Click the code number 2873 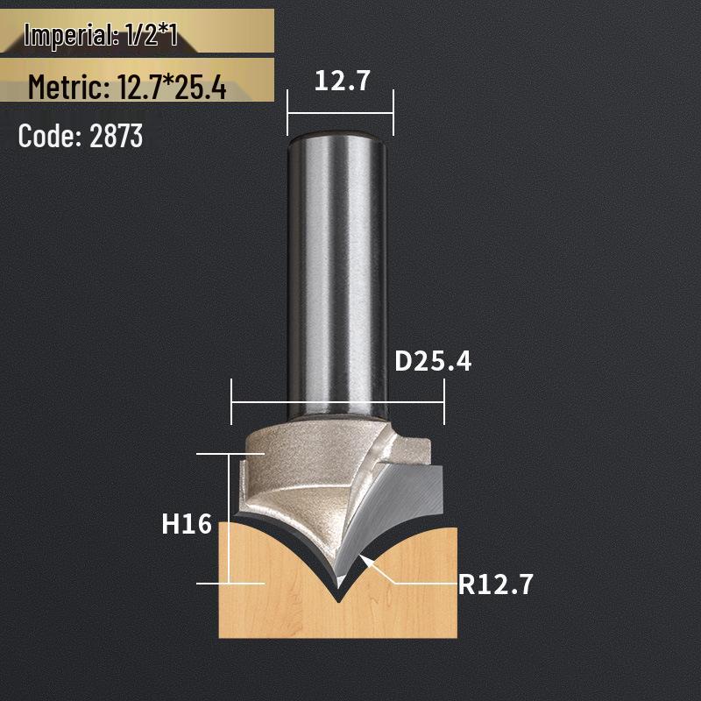click(116, 136)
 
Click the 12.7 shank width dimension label click(343, 81)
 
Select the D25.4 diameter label click(433, 360)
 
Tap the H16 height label click(187, 524)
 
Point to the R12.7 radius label click(495, 583)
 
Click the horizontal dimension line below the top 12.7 click(340, 112)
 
